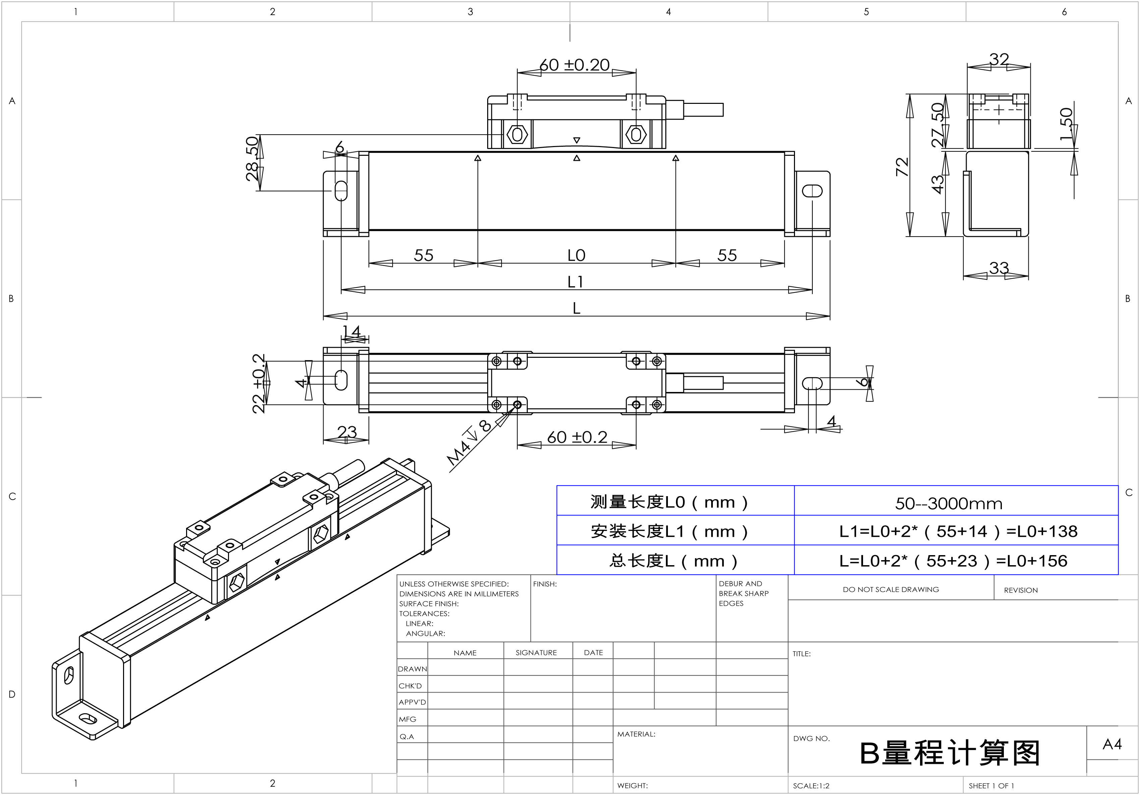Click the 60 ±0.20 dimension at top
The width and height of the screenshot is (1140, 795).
[575, 65]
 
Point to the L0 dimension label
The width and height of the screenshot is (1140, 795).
[576, 256]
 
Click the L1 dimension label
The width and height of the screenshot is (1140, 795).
[575, 282]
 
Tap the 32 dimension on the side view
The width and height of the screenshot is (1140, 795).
[999, 59]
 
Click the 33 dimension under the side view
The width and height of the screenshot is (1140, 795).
[999, 268]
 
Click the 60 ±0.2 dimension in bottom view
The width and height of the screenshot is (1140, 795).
[577, 437]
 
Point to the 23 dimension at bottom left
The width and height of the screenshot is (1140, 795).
[347, 432]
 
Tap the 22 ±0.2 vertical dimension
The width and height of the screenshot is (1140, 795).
[259, 384]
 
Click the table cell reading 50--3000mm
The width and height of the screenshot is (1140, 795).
[948, 504]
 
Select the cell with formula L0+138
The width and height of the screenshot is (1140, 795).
[958, 531]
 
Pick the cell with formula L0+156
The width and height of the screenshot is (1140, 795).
[953, 561]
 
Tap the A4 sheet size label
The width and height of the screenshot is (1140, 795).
[1112, 744]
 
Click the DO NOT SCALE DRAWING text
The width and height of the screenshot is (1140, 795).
[891, 590]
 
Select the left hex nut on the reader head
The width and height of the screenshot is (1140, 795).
[517, 134]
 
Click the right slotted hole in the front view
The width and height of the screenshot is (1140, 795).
[812, 191]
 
